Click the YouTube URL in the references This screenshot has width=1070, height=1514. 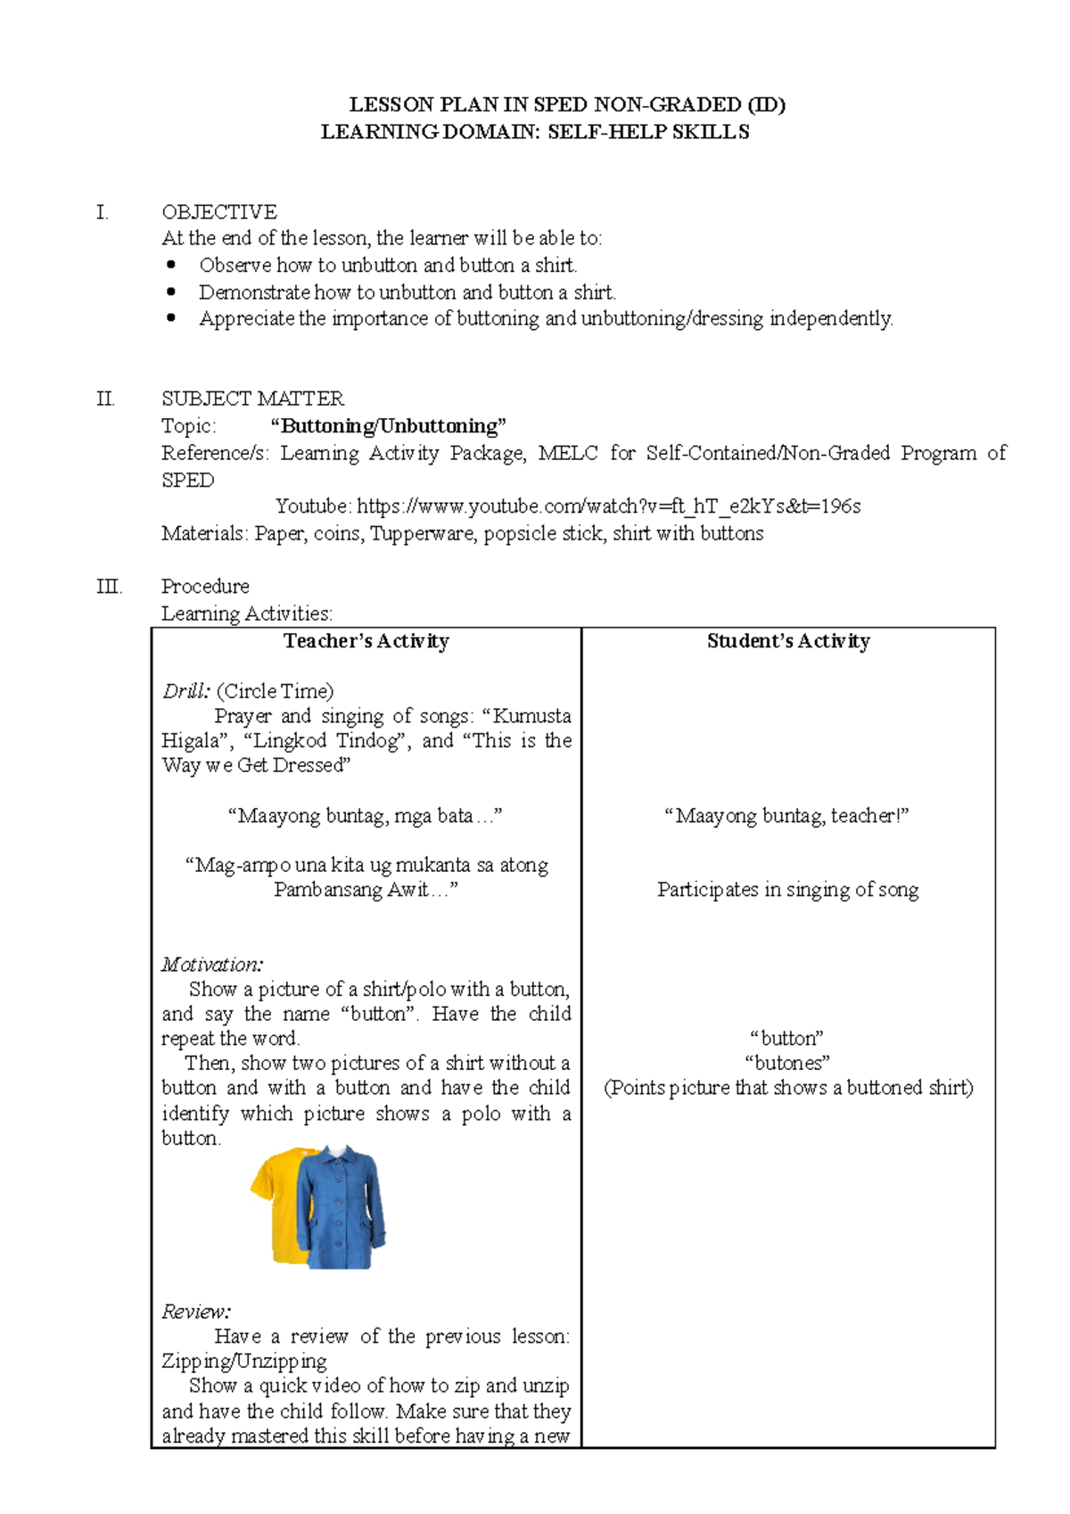pos(608,506)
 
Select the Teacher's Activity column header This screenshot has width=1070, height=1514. pos(366,641)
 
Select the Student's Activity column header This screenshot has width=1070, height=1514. pos(788,641)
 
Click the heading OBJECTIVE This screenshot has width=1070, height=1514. pos(219,212)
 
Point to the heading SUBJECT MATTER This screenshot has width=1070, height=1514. pos(252,399)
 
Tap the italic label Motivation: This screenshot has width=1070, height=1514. pos(212,965)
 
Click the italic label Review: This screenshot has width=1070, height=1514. pos(196,1312)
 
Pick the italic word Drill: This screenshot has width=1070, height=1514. pos(186,691)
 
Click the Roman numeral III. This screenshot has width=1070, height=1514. pos(109,587)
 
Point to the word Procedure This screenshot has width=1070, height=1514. pos(205,587)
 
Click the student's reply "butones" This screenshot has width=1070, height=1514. pos(787,1063)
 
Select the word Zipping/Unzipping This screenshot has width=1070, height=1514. pos(244,1362)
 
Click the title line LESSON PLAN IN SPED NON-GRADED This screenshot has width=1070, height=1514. pos(567,105)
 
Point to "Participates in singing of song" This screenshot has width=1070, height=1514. pos(787,890)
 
